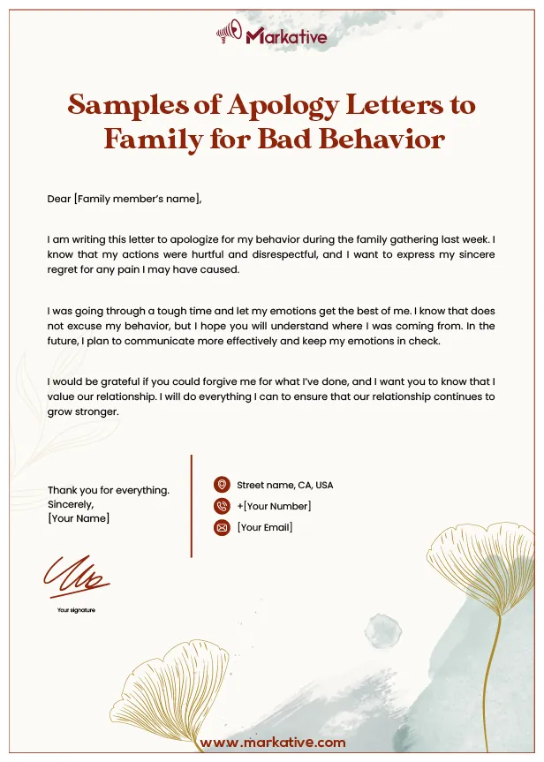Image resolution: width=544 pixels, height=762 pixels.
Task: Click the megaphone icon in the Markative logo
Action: click(229, 34)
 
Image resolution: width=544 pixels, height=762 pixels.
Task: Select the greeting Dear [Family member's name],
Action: click(125, 199)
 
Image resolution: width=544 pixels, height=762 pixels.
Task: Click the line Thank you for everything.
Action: click(109, 490)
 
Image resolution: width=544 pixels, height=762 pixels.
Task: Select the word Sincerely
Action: click(71, 504)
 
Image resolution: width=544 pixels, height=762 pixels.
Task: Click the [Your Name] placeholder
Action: click(79, 518)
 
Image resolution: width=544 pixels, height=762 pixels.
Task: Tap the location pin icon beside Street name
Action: click(222, 485)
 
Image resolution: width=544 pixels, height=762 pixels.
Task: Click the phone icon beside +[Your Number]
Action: click(222, 506)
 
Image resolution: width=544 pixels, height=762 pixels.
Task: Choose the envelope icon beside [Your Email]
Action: click(222, 528)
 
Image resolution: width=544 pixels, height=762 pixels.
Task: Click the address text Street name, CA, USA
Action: click(284, 485)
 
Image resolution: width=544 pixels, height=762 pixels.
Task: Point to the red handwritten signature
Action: click(76, 575)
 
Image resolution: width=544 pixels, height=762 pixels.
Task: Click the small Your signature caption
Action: click(76, 610)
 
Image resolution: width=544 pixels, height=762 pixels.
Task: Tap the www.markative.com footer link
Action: click(272, 743)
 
